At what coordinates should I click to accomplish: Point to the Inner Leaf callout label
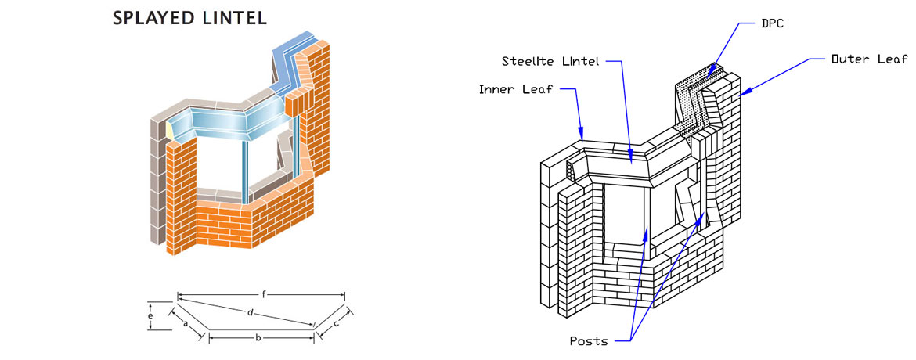(515, 88)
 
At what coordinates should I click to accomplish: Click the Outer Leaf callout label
(869, 59)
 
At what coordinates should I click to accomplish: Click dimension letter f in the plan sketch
(265, 293)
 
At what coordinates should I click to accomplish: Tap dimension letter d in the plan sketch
(249, 313)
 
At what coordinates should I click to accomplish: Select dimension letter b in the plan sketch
(258, 337)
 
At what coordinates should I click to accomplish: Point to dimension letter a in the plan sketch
(184, 322)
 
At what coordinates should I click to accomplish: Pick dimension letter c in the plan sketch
(335, 322)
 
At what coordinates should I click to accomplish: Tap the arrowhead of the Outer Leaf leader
(741, 95)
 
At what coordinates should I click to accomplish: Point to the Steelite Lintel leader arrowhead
(632, 162)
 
